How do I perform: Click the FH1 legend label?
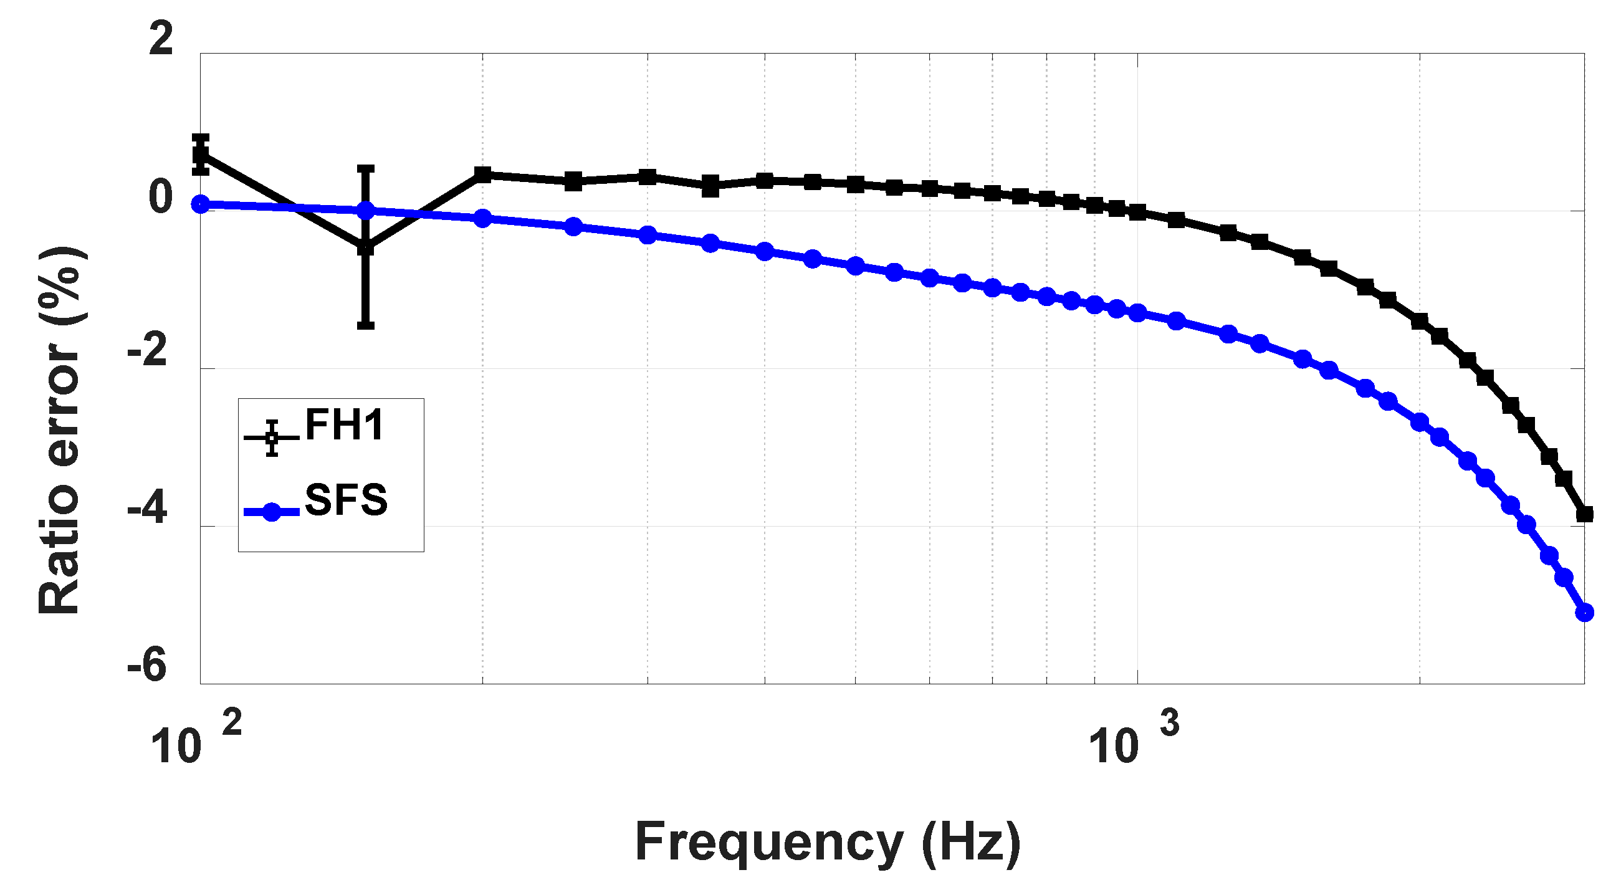344,426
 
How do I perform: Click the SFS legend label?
346,500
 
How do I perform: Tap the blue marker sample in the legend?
271,512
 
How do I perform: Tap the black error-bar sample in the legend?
271,437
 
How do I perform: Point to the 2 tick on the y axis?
161,39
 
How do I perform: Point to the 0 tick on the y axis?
161,197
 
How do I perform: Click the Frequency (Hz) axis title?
828,843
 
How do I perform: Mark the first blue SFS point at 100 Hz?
201,204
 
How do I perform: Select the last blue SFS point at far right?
1584,613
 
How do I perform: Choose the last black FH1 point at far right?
1584,514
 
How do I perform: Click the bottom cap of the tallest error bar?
366,325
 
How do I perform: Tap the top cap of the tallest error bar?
366,169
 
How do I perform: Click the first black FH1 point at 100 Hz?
201,153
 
